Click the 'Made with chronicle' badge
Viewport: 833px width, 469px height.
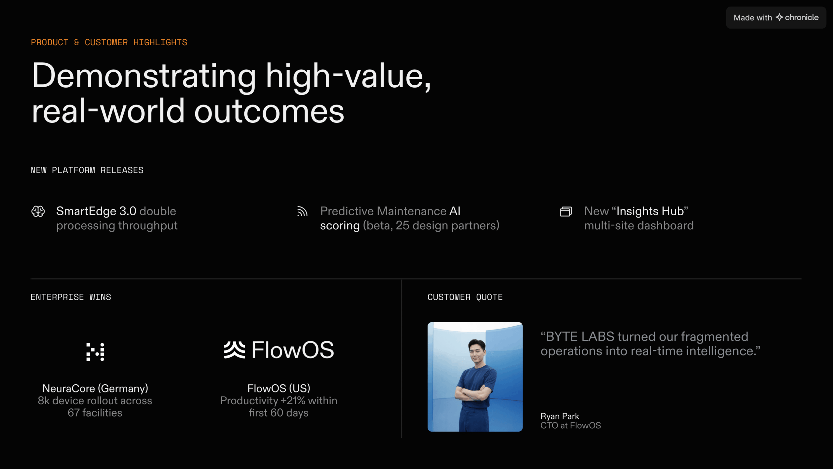776,18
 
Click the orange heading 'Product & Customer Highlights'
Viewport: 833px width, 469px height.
109,42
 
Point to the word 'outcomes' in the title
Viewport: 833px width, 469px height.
269,111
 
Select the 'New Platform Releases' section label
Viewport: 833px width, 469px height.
87,170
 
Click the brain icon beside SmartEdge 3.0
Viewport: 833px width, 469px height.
38,211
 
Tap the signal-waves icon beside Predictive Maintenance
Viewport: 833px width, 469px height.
302,211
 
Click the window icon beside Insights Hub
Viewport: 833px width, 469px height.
566,211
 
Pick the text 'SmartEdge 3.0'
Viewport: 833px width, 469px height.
96,211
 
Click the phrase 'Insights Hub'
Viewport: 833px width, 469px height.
650,211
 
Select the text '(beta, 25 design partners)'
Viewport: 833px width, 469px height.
431,225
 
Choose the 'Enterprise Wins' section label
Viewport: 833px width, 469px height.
71,297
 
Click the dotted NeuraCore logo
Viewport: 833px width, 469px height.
95,352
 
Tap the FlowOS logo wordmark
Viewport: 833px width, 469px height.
279,350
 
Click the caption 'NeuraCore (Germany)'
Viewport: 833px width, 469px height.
95,388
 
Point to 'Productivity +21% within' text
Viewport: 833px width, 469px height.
279,401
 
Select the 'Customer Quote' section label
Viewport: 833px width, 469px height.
465,297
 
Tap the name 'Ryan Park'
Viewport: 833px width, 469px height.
560,416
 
